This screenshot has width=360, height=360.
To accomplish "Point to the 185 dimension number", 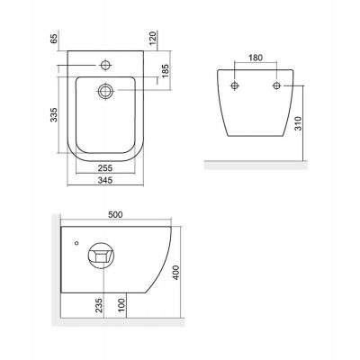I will click(x=166, y=69).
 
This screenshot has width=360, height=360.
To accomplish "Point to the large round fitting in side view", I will click(x=103, y=257).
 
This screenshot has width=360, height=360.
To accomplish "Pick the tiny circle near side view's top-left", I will click(x=77, y=242).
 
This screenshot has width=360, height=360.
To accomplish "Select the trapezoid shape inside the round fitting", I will click(x=103, y=257).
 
